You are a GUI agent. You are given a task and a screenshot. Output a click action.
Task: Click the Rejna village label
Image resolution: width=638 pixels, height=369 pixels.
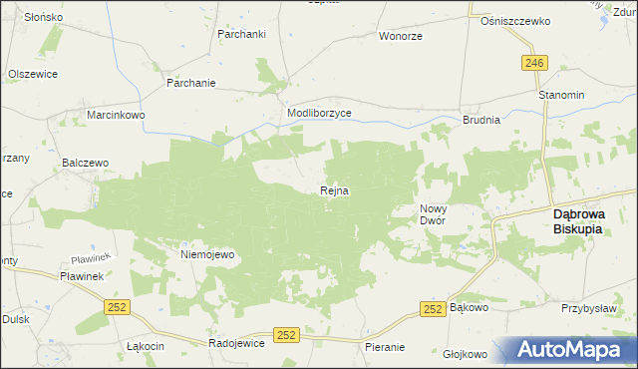pos(334,190)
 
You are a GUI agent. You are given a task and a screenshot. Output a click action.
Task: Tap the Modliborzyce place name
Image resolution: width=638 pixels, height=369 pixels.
pos(319,114)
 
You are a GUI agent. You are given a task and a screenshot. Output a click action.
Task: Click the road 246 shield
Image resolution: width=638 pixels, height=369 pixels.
pos(533,63)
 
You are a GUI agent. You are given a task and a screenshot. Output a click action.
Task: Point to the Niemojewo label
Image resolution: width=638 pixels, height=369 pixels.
pos(206,254)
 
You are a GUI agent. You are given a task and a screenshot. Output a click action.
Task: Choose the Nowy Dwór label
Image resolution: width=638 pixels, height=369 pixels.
pos(431,213)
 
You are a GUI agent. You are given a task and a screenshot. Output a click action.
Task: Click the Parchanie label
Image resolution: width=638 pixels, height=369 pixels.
pos(191,83)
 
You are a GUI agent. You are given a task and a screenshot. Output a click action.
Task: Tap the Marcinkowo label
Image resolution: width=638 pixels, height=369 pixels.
pos(116,115)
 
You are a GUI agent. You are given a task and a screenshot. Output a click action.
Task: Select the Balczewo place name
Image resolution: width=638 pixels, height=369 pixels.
pos(85,161)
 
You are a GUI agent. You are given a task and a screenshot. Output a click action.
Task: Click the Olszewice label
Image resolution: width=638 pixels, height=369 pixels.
pos(33,74)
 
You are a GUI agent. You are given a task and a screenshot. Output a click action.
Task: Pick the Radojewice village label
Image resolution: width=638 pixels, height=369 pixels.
pos(235,342)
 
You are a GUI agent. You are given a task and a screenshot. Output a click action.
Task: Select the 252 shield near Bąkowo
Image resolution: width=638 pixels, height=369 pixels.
pos(432,310)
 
